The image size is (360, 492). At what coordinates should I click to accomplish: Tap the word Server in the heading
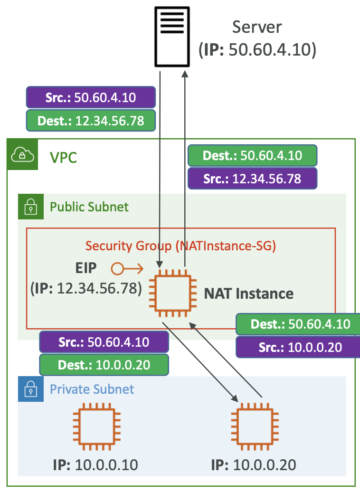point(257,27)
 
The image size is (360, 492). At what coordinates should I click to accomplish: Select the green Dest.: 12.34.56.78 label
point(91,121)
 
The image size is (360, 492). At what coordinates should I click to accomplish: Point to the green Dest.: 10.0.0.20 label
point(104,365)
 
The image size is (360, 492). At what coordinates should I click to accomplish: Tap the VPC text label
point(64,157)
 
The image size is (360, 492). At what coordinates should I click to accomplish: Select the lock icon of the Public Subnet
point(30,207)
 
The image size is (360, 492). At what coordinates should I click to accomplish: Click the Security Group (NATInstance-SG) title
point(180,246)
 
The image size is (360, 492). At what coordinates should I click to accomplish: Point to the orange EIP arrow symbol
point(127,269)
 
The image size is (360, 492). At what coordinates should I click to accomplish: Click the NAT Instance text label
point(248,293)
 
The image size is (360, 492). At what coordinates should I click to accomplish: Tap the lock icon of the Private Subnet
point(30,389)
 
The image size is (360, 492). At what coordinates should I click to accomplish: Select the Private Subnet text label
point(92,389)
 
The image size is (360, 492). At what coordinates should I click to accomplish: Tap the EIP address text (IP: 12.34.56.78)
point(86,288)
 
